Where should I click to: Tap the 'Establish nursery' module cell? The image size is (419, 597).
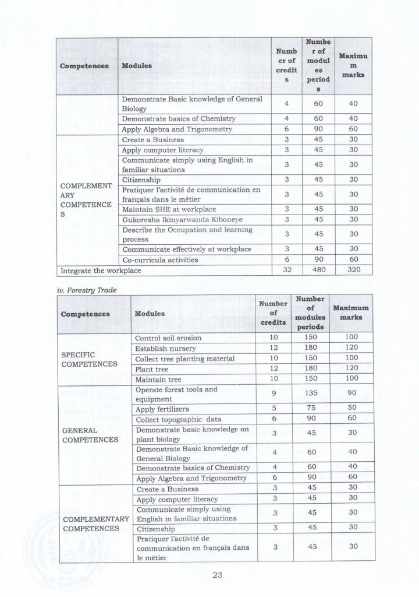pyautogui.click(x=165, y=348)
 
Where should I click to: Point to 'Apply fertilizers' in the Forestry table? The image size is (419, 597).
pyautogui.click(x=162, y=409)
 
